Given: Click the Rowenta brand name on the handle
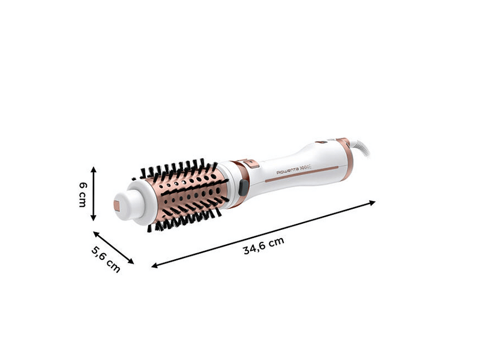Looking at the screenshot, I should pos(290,172).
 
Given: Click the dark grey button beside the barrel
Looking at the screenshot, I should pos(242,187).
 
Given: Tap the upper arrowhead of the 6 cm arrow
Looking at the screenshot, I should pos(93,169).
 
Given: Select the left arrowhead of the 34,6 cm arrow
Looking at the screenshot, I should pos(155,265).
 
